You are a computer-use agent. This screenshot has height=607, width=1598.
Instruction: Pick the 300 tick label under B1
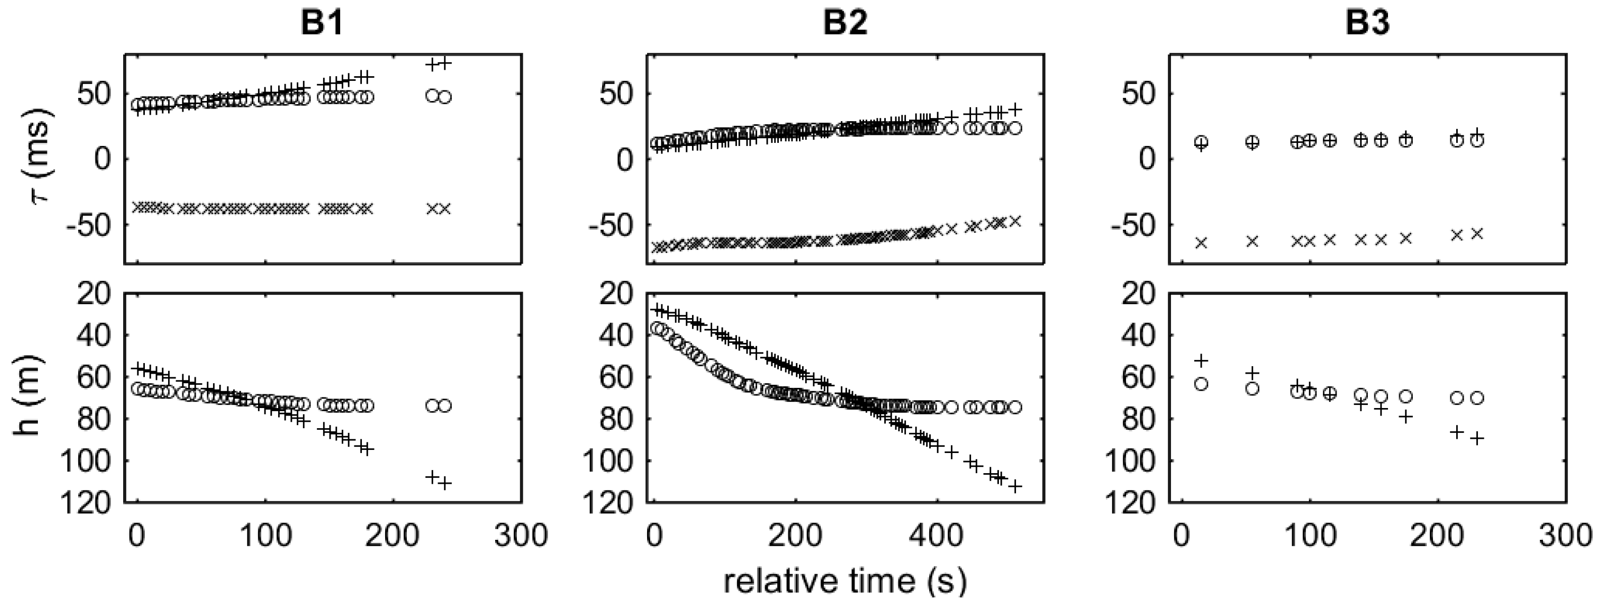(x=520, y=535)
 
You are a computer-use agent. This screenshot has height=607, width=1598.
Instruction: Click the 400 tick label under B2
(x=935, y=535)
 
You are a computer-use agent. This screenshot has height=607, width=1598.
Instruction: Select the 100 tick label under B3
(x=1309, y=535)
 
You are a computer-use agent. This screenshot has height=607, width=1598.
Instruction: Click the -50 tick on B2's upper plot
(x=611, y=225)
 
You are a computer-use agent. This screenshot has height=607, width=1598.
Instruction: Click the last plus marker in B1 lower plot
(x=445, y=483)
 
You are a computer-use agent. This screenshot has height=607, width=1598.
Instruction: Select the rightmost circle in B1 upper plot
(x=445, y=97)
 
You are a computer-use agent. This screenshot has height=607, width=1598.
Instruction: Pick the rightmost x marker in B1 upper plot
(x=445, y=209)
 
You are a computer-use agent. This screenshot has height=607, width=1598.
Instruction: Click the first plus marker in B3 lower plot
(x=1202, y=361)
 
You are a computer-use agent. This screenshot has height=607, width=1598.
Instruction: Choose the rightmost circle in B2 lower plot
(x=1015, y=407)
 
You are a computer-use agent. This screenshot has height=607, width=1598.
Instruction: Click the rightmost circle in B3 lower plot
(x=1477, y=398)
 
